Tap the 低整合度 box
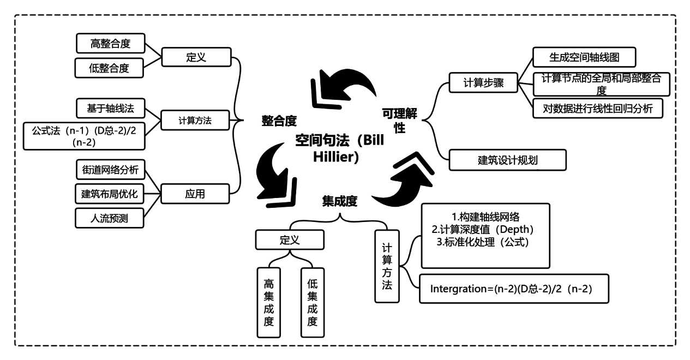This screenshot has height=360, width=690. (110, 68)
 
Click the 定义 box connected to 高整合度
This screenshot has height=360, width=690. (196, 57)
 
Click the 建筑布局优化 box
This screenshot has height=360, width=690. (110, 194)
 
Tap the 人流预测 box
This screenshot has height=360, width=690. (110, 218)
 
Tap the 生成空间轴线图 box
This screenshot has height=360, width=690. (584, 57)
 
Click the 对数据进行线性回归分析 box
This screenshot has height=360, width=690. (598, 107)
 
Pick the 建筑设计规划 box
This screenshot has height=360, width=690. (508, 160)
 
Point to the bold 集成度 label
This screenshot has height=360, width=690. (339, 202)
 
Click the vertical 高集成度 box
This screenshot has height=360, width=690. (268, 302)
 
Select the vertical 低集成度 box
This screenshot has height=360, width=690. (312, 302)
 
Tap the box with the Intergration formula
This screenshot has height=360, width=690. (513, 289)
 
